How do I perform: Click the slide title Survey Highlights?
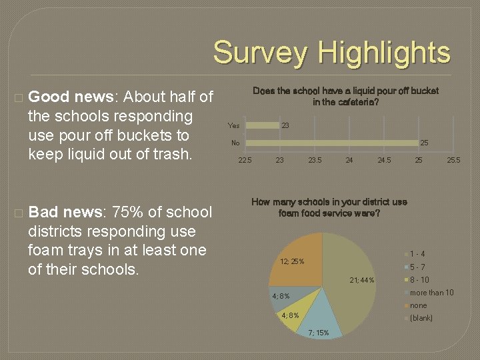tap(331, 53)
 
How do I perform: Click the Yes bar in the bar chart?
tap(260, 125)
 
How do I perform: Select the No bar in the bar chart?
tap(330, 143)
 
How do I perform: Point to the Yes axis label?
tap(233, 125)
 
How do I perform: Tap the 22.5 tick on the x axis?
tap(245, 160)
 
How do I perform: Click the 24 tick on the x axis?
tap(349, 160)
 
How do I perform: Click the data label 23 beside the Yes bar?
tap(285, 125)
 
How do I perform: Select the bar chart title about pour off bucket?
tap(345, 97)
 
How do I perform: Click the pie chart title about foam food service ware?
tap(329, 207)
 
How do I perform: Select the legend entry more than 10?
tap(431, 293)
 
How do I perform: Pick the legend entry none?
tap(418, 305)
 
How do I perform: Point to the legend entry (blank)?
tap(421, 318)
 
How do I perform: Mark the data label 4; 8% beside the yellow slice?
tap(290, 315)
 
